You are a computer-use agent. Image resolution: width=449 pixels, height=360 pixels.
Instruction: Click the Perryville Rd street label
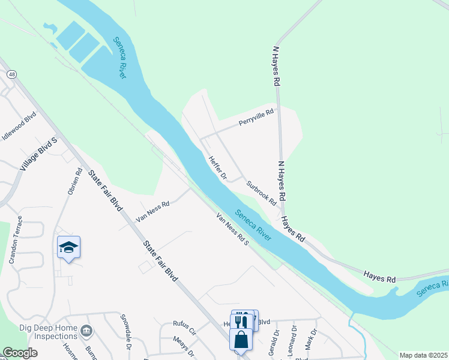256,117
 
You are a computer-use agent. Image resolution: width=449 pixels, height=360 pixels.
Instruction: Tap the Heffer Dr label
217,168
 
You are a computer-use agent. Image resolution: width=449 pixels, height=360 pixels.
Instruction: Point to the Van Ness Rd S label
232,229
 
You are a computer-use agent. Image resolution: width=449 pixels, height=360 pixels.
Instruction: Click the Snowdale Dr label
127,331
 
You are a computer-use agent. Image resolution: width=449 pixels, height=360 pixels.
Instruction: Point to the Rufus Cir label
185,331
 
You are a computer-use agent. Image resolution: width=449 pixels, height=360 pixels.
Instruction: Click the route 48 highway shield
11,74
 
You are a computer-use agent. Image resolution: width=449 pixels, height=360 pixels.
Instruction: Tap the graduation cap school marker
69,247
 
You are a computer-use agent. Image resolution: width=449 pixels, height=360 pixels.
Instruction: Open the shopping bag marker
241,340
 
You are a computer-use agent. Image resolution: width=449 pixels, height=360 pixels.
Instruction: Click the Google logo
20,353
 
